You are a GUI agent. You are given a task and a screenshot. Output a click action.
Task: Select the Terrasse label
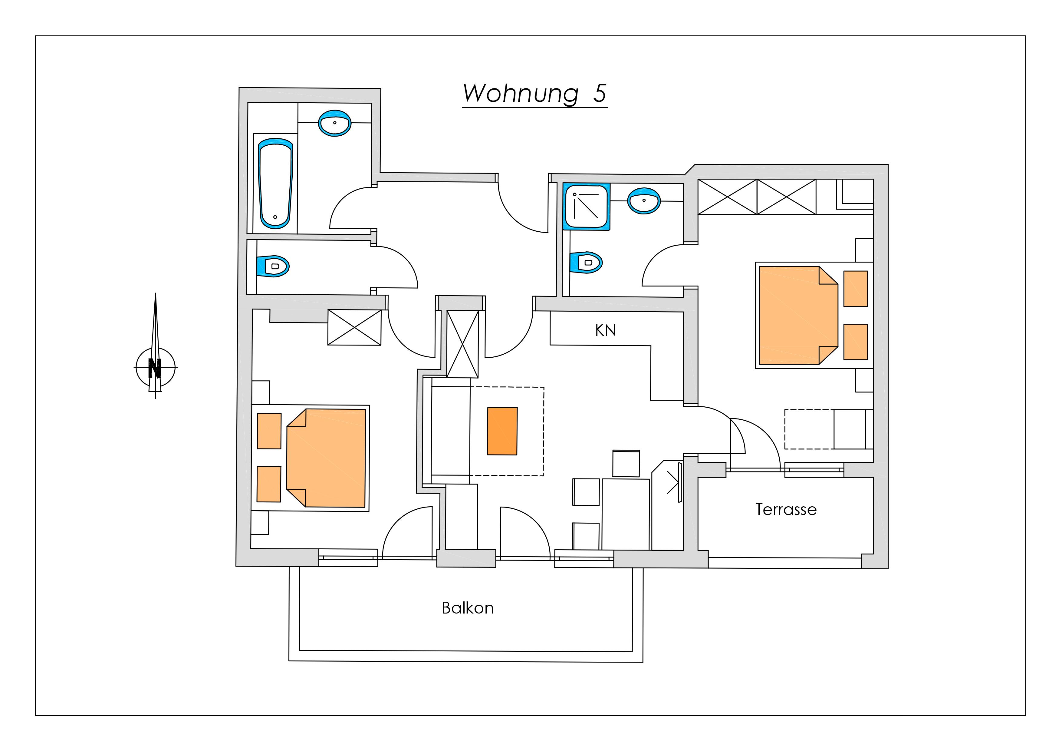pyautogui.click(x=786, y=509)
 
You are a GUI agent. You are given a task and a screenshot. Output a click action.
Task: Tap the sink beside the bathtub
pyautogui.click(x=334, y=123)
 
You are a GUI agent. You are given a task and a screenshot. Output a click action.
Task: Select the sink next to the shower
pyautogui.click(x=644, y=201)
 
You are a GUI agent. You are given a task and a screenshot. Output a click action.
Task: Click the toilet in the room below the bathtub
pyautogui.click(x=273, y=266)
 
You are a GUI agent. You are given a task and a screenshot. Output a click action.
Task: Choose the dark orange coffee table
pyautogui.click(x=502, y=431)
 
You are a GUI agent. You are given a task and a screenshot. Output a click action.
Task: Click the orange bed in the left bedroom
pyautogui.click(x=326, y=458)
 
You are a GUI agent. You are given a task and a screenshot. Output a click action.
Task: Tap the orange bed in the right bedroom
pyautogui.click(x=798, y=315)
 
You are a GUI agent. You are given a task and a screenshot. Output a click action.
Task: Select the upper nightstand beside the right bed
pyautogui.click(x=855, y=289)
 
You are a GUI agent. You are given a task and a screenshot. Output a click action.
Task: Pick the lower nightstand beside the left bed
pyautogui.click(x=269, y=484)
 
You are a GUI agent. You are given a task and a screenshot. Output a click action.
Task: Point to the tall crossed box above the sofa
pyautogui.click(x=462, y=344)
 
